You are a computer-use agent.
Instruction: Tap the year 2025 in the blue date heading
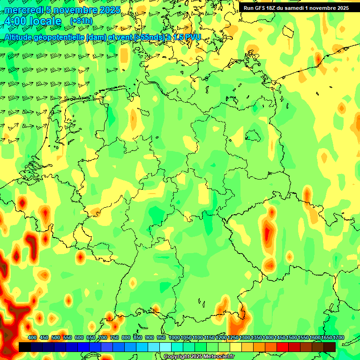(108, 10)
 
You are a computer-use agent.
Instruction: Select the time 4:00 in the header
(15, 21)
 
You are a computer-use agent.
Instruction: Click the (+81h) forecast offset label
(81, 21)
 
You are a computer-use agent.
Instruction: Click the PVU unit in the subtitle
(192, 37)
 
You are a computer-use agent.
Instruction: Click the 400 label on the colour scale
(32, 337)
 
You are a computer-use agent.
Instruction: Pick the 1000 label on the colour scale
(174, 337)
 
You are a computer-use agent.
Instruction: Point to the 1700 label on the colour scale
(338, 337)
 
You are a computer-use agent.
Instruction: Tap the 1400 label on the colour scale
(268, 337)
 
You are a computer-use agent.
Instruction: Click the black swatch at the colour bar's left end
(25, 347)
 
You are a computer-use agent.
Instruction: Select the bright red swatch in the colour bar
(283, 347)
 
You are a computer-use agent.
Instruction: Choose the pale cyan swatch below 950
(165, 347)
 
